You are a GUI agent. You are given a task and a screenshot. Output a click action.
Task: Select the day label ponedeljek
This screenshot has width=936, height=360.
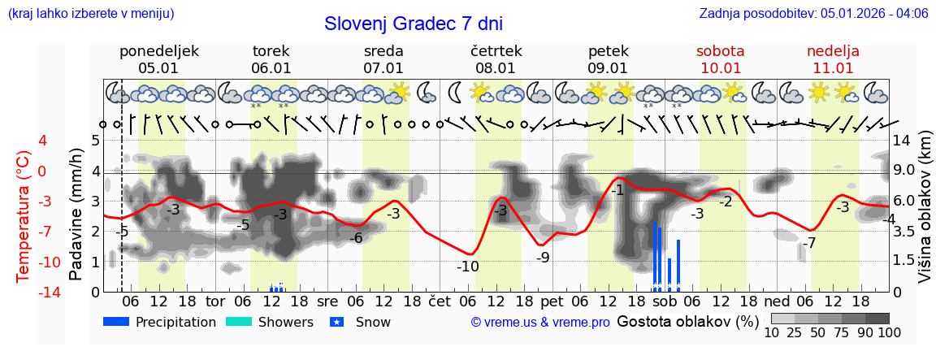(158, 51)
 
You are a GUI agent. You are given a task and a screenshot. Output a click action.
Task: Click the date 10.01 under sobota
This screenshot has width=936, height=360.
(720, 68)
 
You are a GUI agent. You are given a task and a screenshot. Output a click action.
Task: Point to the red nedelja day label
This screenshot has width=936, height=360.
(832, 51)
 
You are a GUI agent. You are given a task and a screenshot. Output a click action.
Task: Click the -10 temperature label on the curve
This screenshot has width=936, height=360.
(467, 267)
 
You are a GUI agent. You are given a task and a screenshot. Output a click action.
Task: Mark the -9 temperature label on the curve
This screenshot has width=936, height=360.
(543, 258)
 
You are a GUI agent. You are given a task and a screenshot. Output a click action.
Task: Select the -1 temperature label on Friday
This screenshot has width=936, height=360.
(617, 190)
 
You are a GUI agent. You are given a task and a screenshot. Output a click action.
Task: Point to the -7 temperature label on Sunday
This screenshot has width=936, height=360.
(808, 243)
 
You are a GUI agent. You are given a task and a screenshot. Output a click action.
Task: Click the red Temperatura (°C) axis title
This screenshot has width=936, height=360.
(23, 216)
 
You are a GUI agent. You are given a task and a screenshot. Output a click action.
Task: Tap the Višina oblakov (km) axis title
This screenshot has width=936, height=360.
(925, 216)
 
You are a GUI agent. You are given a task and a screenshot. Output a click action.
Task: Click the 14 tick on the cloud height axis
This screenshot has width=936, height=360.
(903, 140)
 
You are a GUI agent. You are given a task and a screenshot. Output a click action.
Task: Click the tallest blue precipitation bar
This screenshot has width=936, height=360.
(654, 256)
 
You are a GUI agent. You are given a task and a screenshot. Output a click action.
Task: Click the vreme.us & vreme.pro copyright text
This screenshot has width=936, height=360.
(540, 322)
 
